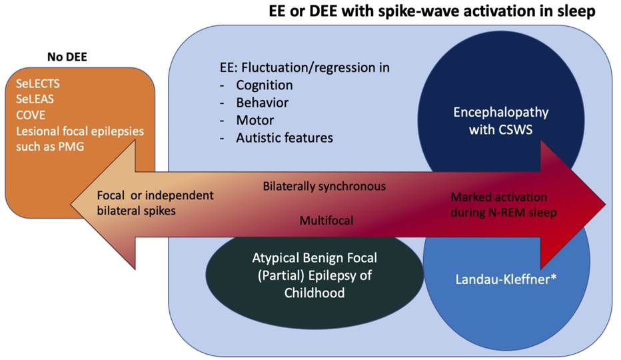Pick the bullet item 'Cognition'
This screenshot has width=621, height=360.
(x=264, y=85)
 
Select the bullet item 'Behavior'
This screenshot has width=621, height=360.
(x=262, y=103)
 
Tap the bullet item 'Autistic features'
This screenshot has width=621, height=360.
(x=285, y=138)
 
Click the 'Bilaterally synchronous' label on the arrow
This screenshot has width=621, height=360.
(x=324, y=185)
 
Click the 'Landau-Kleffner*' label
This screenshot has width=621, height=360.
(x=505, y=280)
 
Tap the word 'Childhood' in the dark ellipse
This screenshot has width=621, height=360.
(x=318, y=291)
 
